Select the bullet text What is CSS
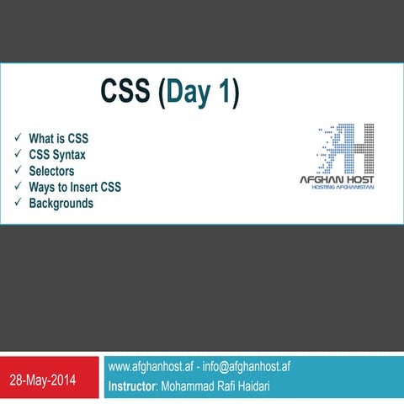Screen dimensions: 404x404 point(59,138)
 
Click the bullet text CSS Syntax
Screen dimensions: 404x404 point(57,155)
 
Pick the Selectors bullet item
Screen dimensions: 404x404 point(51,171)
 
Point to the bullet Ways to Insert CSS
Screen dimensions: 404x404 point(75,187)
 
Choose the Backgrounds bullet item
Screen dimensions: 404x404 point(61,204)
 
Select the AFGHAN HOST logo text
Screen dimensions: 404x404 point(338,178)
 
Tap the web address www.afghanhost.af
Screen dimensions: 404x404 point(151,367)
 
